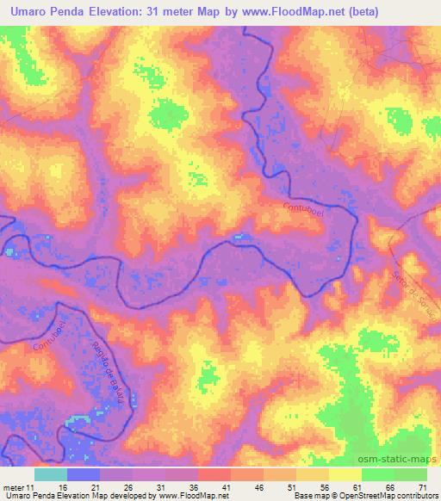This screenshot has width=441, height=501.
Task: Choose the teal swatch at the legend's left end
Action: click(50, 474)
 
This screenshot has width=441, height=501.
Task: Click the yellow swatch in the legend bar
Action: click(345, 474)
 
